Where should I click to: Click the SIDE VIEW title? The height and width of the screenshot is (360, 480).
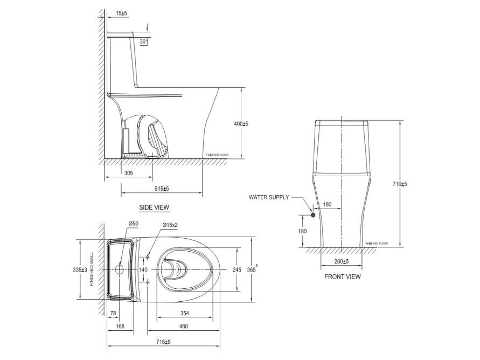coord(154,207)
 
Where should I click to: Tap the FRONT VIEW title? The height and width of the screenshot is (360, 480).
coord(342,276)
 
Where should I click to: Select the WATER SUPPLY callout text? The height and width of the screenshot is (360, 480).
coord(269,197)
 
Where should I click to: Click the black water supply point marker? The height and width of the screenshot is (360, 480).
coord(312,215)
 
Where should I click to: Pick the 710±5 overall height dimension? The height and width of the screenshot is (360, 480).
coord(400,184)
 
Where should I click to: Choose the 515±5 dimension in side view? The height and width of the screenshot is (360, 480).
coord(161,188)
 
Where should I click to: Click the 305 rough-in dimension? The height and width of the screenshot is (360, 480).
coord(129,173)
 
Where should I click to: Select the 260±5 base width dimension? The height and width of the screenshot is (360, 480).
coord(341,261)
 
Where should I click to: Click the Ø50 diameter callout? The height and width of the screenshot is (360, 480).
coord(133,223)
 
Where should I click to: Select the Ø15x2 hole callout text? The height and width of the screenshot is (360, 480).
coord(170,225)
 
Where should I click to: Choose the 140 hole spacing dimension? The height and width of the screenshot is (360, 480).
coord(143,269)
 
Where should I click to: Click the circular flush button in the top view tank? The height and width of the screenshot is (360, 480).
coord(120,269)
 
